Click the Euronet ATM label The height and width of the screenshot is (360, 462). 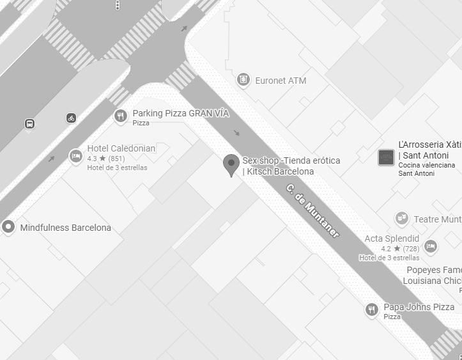click(x=281, y=81)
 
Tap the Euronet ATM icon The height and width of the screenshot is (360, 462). click(x=243, y=80)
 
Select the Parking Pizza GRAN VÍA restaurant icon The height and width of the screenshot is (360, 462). click(x=120, y=116)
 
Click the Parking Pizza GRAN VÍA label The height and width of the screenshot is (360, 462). click(x=180, y=113)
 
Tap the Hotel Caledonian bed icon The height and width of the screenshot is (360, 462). click(x=75, y=155)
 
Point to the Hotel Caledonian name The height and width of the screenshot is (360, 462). click(x=121, y=148)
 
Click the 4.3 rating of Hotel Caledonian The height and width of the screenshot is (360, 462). click(x=92, y=159)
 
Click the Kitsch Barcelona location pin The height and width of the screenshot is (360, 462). click(x=230, y=164)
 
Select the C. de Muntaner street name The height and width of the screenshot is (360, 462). click(x=312, y=211)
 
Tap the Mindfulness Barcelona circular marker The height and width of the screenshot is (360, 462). click(x=8, y=226)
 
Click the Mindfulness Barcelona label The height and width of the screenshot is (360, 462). click(x=65, y=228)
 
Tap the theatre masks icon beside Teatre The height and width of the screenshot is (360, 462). click(x=401, y=219)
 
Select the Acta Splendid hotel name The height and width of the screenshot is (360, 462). click(x=392, y=239)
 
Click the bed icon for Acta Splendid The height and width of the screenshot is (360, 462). click(x=431, y=246)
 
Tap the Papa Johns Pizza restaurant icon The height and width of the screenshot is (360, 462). click(x=371, y=310)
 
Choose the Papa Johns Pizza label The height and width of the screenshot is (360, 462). click(x=419, y=307)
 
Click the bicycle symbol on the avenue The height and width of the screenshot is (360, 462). click(x=71, y=118)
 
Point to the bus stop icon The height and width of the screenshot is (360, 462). click(x=29, y=123)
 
